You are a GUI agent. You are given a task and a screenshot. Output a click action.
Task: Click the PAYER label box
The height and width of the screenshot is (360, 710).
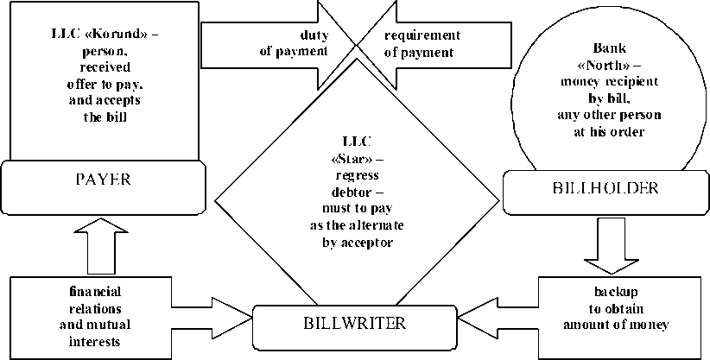(x=103, y=181)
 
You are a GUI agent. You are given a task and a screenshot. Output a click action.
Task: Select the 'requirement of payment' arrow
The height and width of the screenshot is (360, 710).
(x=432, y=43)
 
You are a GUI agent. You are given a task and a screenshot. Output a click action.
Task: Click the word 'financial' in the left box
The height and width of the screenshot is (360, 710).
(x=97, y=292)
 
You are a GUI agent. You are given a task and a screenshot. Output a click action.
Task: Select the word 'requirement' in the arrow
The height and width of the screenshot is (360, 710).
(x=422, y=35)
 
